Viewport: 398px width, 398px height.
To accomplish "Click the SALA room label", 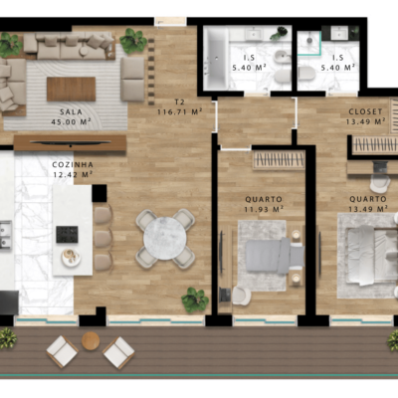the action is pyautogui.click(x=71, y=111).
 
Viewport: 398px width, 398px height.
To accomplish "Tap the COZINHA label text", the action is pyautogui.click(x=73, y=164).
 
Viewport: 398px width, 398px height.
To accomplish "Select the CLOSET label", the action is pyautogui.click(x=365, y=111).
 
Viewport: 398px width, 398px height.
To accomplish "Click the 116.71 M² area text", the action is pyautogui.click(x=179, y=112).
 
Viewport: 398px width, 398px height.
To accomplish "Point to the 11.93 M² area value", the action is pyautogui.click(x=264, y=209).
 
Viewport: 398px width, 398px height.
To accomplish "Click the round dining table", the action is pyautogui.click(x=165, y=238).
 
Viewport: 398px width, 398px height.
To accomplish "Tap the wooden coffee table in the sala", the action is pyautogui.click(x=71, y=89).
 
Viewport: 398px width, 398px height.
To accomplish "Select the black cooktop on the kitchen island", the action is pyautogui.click(x=67, y=234).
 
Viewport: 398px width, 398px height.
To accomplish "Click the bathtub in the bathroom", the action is pyautogui.click(x=216, y=59).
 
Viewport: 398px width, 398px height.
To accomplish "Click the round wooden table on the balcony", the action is pyautogui.click(x=91, y=341).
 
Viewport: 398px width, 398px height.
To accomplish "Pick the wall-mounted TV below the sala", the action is pyautogui.click(x=71, y=142).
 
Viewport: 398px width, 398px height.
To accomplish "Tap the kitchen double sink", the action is pyautogui.click(x=6, y=235).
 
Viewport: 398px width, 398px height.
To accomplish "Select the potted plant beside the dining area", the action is pyautogui.click(x=195, y=299).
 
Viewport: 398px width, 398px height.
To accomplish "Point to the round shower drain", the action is pyautogui.click(x=309, y=40).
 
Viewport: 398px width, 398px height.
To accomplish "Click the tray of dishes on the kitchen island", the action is pyautogui.click(x=71, y=258).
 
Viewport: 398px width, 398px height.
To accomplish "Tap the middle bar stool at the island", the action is pyautogui.click(x=103, y=238).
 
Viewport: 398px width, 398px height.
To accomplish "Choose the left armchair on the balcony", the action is pyautogui.click(x=63, y=351).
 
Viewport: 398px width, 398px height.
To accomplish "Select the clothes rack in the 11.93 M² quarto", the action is pyautogui.click(x=279, y=160).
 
